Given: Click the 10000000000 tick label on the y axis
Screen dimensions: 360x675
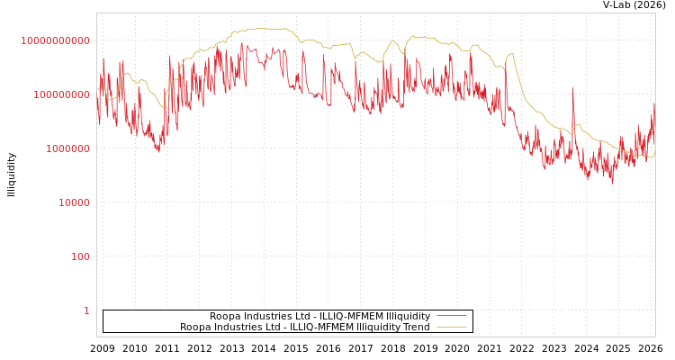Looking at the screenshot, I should pos(55,40).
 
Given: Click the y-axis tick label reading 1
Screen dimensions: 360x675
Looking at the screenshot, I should pos(86,310).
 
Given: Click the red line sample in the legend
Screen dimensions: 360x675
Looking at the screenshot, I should pos(451,316).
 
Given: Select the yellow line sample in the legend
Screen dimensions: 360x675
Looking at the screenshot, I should pos(451,327).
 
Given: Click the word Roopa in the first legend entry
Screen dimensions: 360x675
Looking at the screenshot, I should pos(226,316).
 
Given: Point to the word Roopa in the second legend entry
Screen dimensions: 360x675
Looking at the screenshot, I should pos(196,327).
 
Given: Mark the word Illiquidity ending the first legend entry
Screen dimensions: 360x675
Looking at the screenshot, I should pos(408,316).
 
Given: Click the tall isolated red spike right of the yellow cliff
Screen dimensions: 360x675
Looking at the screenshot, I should pos(572,90).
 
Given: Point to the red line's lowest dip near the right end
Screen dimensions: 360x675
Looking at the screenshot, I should pos(613,182).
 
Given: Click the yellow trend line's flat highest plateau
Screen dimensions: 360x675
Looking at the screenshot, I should pos(265,29).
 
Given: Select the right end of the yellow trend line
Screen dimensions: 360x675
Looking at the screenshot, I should pos(654,157).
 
